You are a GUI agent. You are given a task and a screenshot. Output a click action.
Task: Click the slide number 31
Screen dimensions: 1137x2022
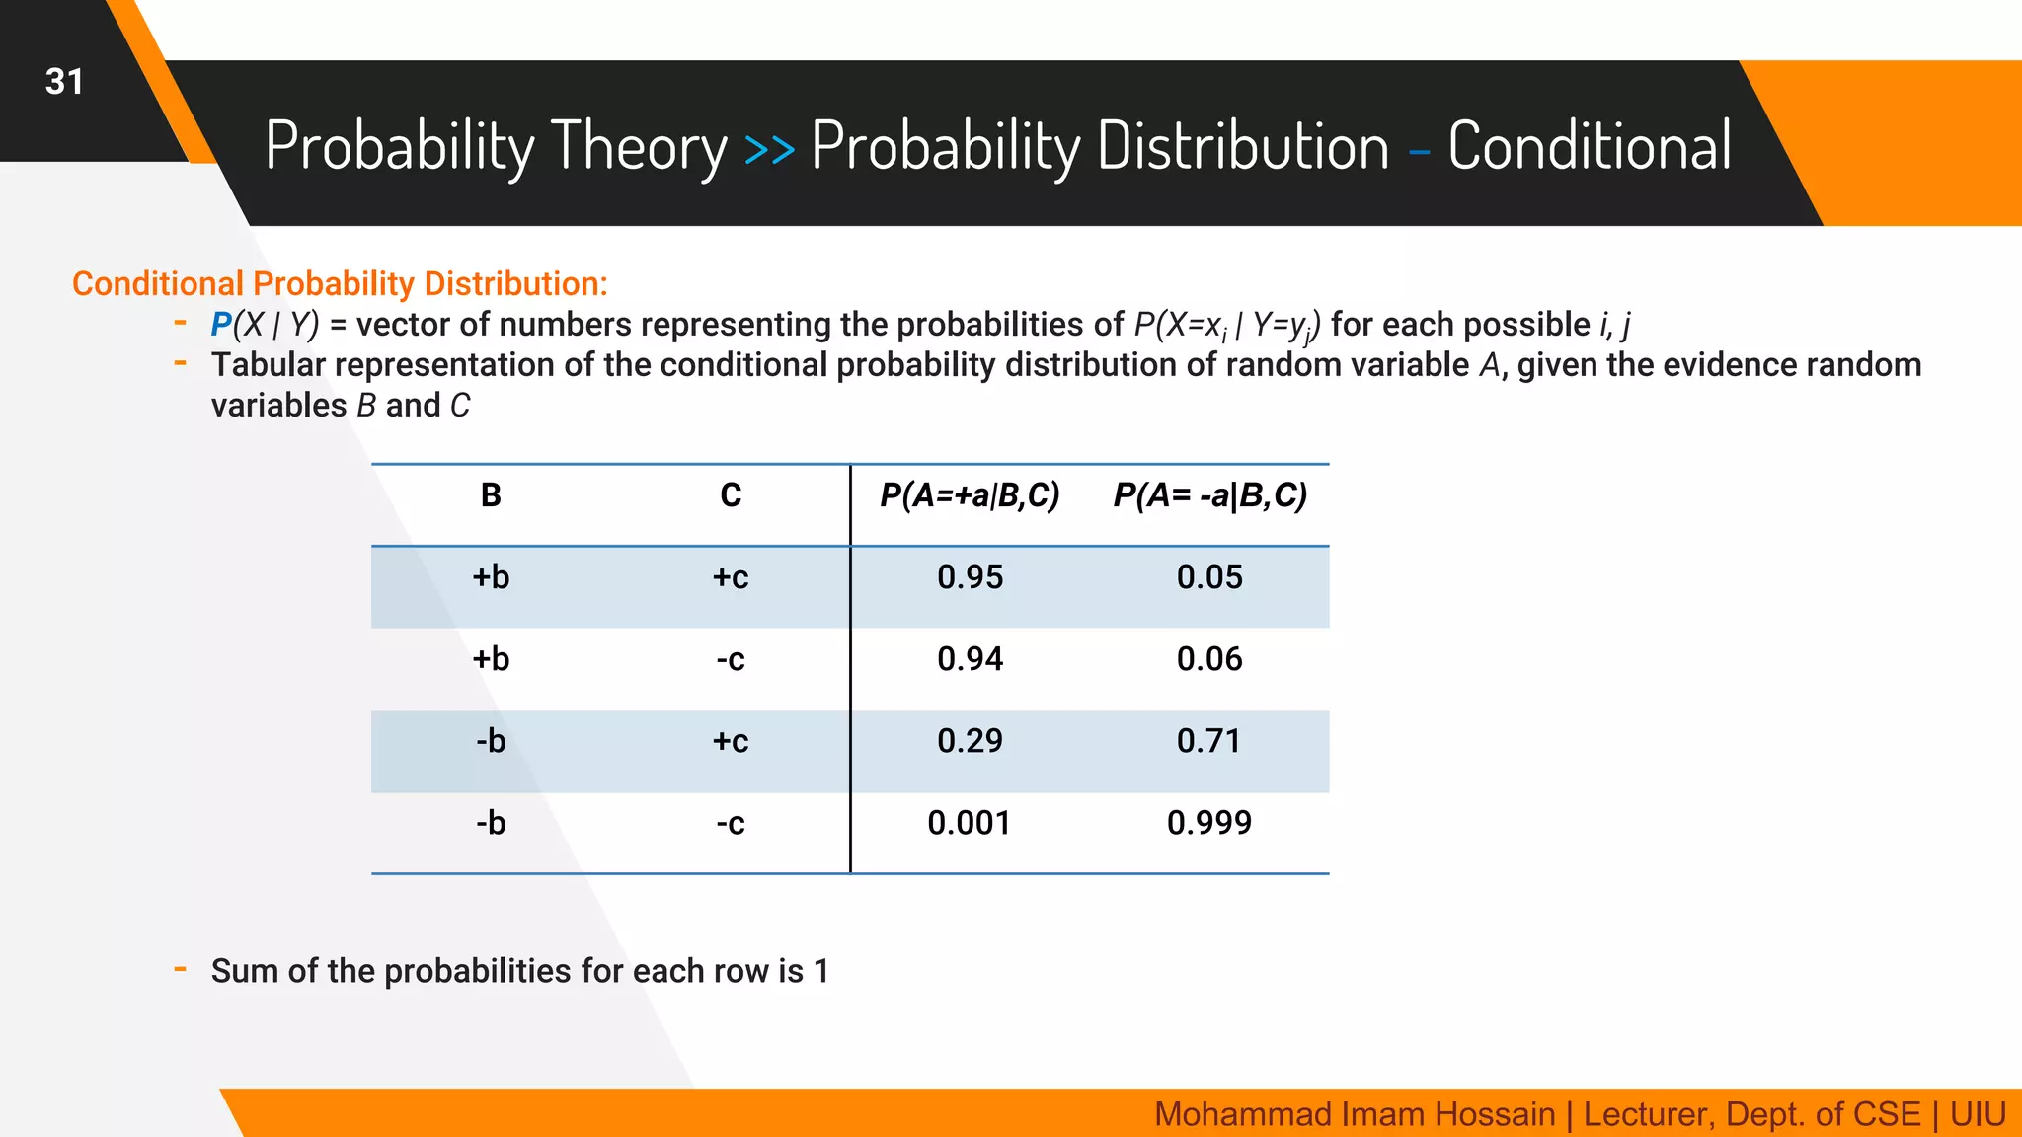pyautogui.click(x=64, y=82)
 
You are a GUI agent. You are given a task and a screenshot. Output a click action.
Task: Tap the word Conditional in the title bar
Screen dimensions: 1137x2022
pyautogui.click(x=1589, y=146)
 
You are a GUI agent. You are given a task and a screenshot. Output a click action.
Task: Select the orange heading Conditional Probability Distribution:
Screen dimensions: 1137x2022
pyautogui.click(x=340, y=284)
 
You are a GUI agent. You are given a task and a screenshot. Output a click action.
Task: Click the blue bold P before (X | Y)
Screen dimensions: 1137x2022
pyautogui.click(x=221, y=325)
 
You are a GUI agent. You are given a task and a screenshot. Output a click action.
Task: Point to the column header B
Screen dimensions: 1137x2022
pyautogui.click(x=491, y=495)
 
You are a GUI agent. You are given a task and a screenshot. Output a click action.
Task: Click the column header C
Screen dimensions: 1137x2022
pyautogui.click(x=731, y=495)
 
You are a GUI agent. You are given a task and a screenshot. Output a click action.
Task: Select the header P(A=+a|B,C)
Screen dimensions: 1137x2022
pyautogui.click(x=970, y=495)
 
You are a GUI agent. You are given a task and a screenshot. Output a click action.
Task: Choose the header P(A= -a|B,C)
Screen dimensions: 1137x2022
pyautogui.click(x=1209, y=495)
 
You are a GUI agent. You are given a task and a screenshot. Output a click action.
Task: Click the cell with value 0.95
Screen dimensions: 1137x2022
pyautogui.click(x=970, y=577)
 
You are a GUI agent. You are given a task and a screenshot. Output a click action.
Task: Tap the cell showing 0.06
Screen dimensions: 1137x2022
pyautogui.click(x=1209, y=659)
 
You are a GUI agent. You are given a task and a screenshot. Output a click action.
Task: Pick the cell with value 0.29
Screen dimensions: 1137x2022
pyautogui.click(x=970, y=741)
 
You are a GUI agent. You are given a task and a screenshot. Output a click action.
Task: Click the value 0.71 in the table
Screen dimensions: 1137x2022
pyautogui.click(x=1209, y=741)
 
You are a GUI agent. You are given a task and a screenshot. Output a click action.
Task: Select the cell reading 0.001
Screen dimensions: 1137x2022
pyautogui.click(x=970, y=823)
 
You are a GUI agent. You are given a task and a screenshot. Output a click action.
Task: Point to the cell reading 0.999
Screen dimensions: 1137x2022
pyautogui.click(x=1209, y=823)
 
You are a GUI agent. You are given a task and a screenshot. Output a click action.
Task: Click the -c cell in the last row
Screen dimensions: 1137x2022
pyautogui.click(x=731, y=823)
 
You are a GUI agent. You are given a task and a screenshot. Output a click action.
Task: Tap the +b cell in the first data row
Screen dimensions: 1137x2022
pyautogui.click(x=491, y=577)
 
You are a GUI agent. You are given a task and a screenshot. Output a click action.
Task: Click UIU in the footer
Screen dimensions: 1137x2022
pyautogui.click(x=1978, y=1114)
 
